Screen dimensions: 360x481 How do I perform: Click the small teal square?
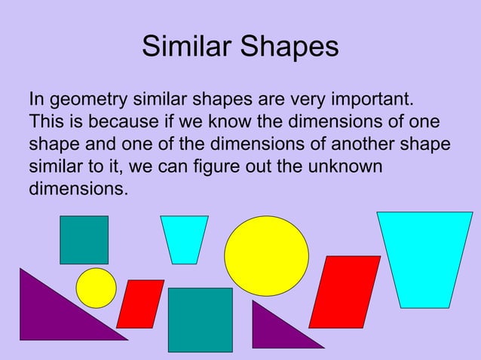[x=84, y=239]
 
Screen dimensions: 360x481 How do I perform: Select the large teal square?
[x=200, y=319]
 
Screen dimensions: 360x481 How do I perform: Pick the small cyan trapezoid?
[x=184, y=237]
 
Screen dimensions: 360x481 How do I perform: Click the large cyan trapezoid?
[x=424, y=256]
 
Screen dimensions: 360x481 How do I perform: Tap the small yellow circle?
[x=97, y=288]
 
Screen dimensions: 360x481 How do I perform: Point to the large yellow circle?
[x=266, y=255]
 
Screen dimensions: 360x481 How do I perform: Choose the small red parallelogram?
[x=140, y=304]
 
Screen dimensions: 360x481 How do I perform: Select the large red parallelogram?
[x=345, y=292]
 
